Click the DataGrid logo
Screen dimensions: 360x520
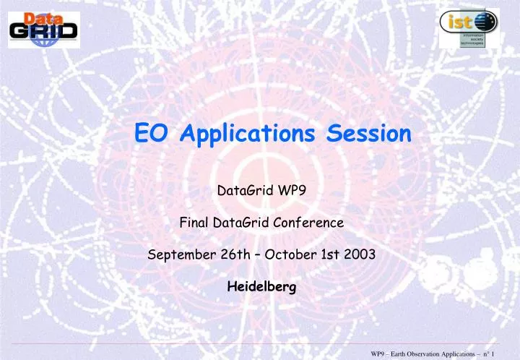[x=44, y=25]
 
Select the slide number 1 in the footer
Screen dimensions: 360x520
[x=510, y=352]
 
